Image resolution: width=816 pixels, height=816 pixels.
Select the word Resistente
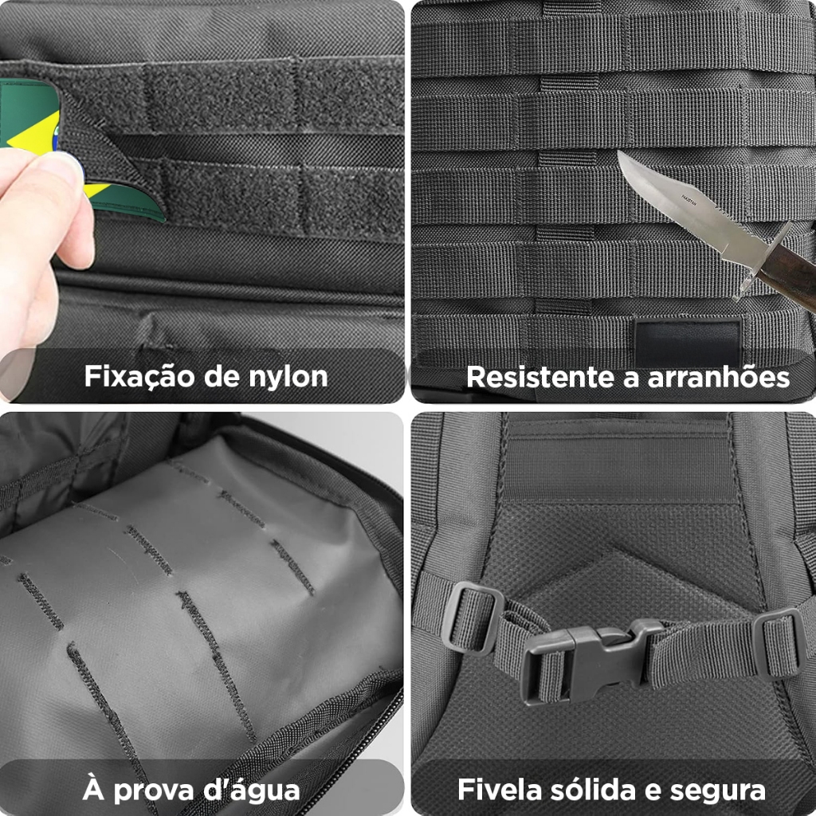[540, 377]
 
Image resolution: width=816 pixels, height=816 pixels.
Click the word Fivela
[500, 790]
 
